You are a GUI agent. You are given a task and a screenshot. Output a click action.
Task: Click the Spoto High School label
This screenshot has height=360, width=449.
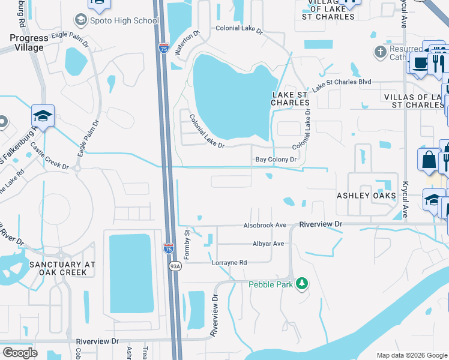click(125, 20)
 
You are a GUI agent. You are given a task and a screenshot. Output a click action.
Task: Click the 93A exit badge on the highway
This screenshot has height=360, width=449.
click(175, 266)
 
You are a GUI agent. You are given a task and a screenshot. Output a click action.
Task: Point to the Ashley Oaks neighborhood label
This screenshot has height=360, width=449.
click(366, 196)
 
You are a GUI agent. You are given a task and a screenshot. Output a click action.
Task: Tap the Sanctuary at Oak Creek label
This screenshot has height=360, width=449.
click(62, 268)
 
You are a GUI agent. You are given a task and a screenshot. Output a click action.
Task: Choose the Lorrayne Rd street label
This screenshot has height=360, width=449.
click(229, 263)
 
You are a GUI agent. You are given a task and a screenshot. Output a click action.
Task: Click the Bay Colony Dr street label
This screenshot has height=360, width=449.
click(276, 160)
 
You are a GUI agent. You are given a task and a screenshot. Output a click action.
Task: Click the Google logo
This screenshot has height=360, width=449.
click(20, 352)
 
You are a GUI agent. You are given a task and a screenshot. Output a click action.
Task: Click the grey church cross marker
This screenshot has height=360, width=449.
click(379, 52)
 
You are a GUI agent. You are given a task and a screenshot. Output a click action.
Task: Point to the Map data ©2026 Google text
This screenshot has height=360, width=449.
click(411, 355)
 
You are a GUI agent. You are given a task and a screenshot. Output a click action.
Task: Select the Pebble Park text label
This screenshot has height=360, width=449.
click(271, 284)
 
